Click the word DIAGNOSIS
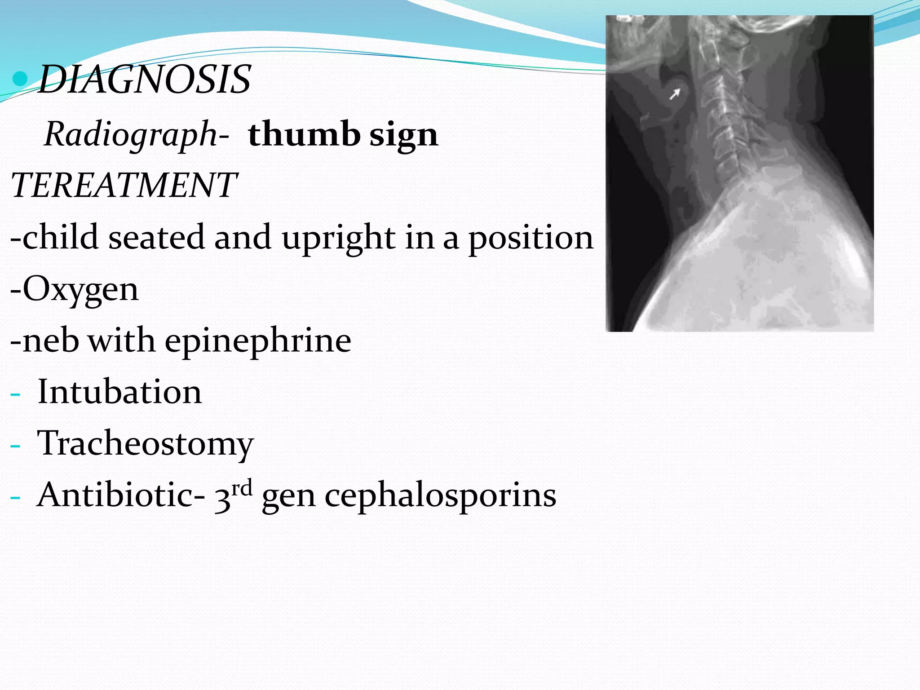point(145,80)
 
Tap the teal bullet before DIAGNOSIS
point(21,79)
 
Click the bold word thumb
point(304,134)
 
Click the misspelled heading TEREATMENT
point(124,185)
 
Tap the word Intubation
point(119,392)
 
